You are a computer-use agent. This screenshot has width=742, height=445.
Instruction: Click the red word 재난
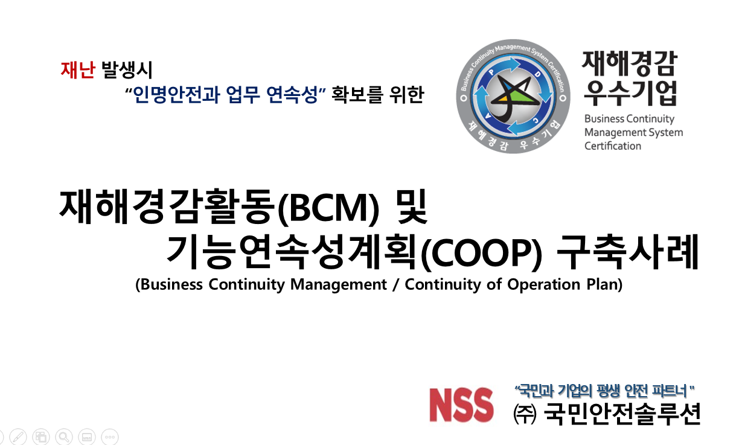coord(78,69)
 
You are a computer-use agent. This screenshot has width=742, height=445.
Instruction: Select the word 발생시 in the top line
coord(127,69)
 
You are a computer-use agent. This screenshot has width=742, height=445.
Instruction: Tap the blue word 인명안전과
coord(176,94)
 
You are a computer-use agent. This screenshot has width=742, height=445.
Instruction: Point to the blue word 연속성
coord(292,94)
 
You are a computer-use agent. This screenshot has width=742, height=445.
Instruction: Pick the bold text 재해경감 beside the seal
coord(629,64)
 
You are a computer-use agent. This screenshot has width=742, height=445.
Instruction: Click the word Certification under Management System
coord(612,146)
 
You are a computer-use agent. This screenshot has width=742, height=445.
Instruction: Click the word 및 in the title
coord(412,206)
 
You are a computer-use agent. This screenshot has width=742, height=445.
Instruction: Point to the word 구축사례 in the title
coord(628,252)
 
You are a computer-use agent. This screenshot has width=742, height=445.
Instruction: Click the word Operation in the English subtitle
coord(543,284)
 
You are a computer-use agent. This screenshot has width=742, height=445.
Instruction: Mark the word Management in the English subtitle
coord(339,284)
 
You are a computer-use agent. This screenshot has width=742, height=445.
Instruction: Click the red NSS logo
coord(461,405)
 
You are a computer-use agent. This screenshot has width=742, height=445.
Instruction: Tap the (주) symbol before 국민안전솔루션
coord(525,414)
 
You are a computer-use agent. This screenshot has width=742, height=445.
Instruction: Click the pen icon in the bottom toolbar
coord(18,437)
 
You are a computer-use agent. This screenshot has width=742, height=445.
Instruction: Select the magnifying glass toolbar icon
coord(64,437)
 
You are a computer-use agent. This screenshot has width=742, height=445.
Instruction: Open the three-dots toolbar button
coord(110,437)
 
